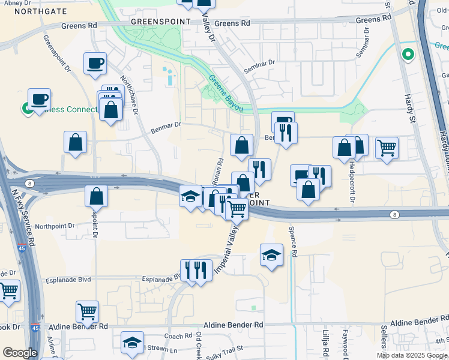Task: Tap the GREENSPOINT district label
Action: pos(161,21)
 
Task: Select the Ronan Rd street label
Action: pos(220,170)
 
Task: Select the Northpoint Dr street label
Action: pos(54,226)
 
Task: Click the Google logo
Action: pos(20,353)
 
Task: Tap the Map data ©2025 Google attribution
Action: pos(411,355)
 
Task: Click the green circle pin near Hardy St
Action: pos(408,55)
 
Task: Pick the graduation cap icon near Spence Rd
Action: pos(271,255)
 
